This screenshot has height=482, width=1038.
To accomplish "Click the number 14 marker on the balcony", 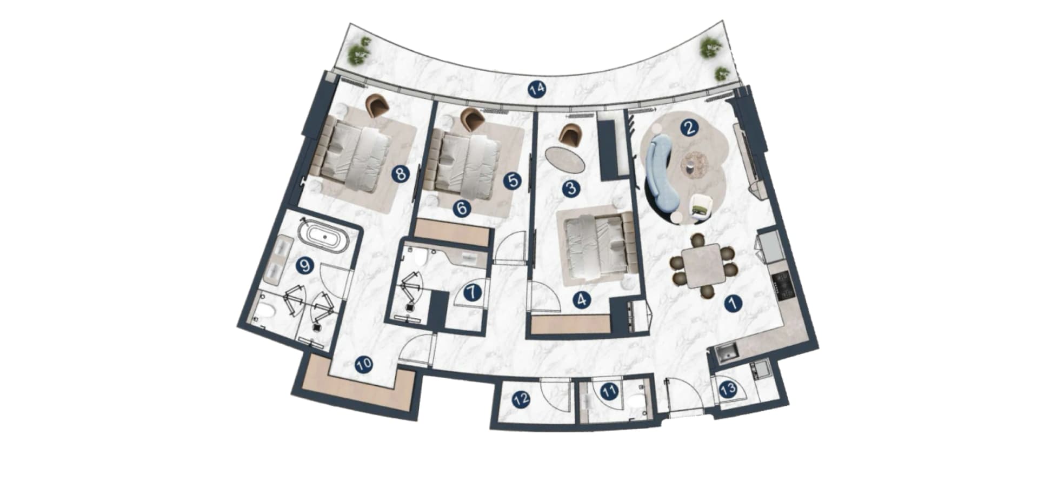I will click(x=537, y=89).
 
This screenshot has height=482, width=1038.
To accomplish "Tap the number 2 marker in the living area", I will click(x=689, y=128).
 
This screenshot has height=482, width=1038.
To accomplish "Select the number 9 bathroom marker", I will click(x=305, y=265).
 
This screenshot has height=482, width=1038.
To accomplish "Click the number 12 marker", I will click(x=521, y=400).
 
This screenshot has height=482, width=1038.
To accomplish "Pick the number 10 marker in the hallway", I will click(x=364, y=364).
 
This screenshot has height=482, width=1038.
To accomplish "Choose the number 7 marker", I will click(x=473, y=292).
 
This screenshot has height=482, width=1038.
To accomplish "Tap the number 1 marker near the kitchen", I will click(x=733, y=303).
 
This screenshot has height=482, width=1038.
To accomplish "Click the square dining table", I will click(x=703, y=264).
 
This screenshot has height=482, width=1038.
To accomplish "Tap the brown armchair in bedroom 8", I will click(x=377, y=105).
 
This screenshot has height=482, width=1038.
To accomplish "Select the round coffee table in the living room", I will click(x=695, y=164).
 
